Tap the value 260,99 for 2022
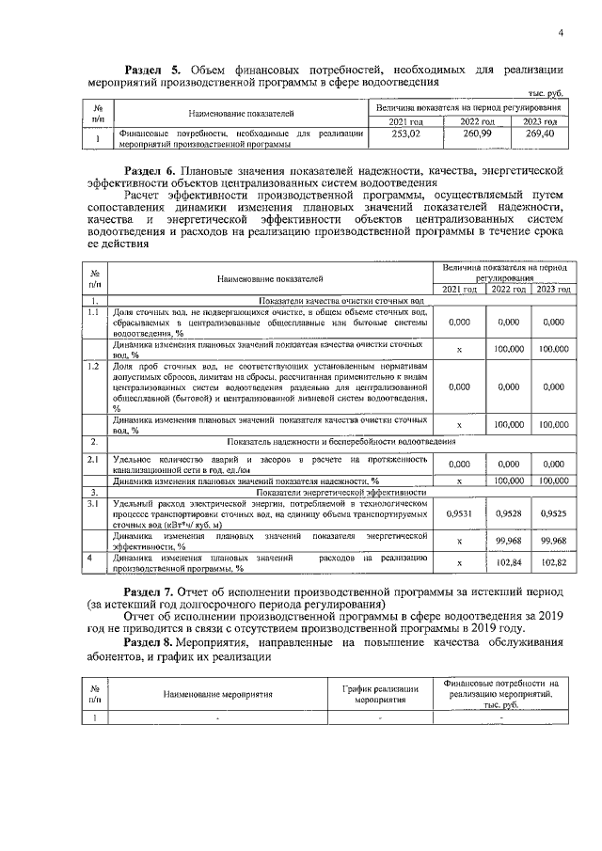tap(475, 135)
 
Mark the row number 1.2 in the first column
tap(93, 365)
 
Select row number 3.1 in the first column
tap(93, 505)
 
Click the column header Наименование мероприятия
tap(217, 696)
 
